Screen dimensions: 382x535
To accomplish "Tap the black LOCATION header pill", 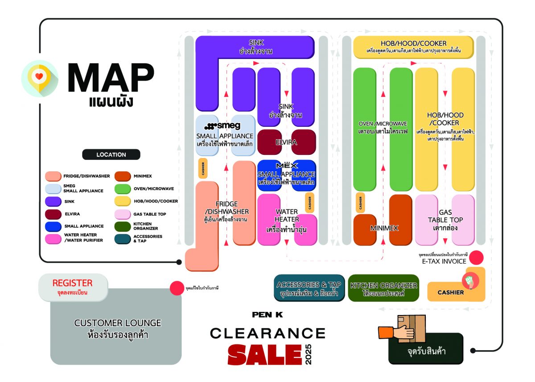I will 111,154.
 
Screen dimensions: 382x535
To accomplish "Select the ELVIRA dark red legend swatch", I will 53,214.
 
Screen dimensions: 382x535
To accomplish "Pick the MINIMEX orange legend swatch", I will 123,176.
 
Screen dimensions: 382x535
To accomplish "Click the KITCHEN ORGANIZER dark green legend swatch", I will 123,226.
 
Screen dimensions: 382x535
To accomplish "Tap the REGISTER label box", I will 73,286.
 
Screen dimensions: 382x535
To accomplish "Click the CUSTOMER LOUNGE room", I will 117,328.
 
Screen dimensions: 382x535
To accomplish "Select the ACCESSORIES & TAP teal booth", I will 309,288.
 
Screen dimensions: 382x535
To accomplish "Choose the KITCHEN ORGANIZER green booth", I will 383,288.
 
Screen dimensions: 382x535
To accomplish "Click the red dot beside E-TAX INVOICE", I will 477,257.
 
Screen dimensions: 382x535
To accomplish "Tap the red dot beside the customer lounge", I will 177,288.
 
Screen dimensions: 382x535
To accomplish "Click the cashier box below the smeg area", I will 203,168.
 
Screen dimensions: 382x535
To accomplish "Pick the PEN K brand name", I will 267,315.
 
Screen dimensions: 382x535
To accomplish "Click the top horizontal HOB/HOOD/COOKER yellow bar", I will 413,47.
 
